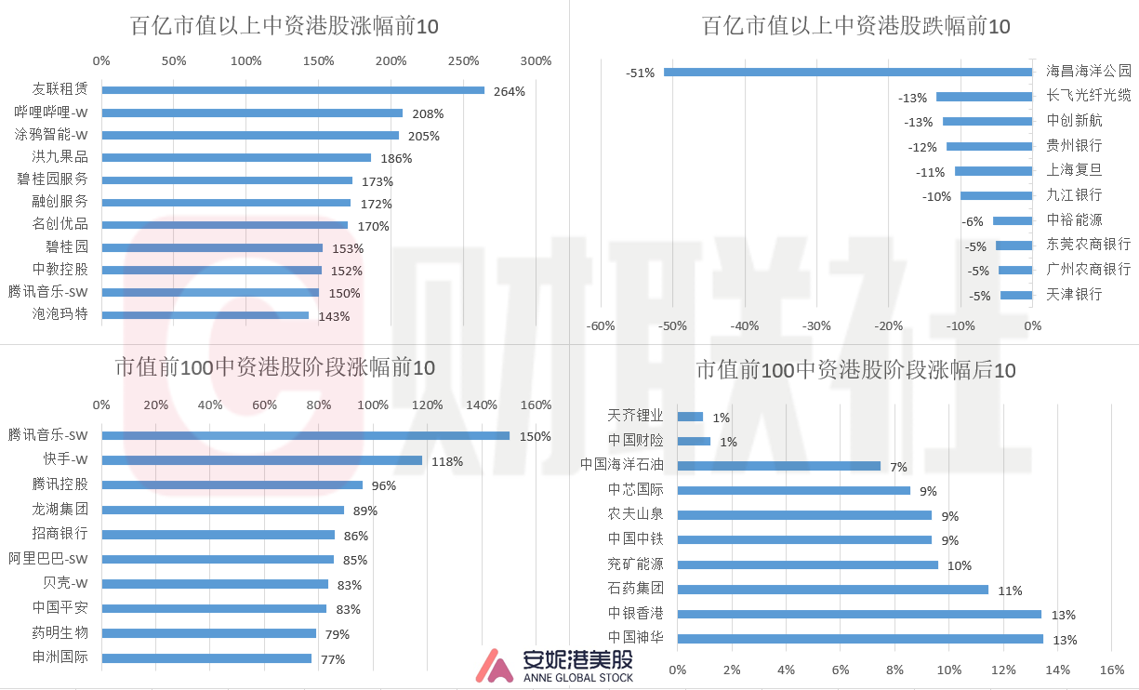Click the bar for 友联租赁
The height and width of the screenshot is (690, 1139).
293,90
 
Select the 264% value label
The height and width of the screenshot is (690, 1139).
510,91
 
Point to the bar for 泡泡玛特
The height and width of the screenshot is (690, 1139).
205,315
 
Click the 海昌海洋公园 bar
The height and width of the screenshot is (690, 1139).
847,72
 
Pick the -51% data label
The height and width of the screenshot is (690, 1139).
640,73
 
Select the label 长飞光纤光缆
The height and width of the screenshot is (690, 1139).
1088,95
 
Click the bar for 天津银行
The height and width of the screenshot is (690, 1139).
1015,295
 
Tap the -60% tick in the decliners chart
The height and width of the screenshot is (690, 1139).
602,326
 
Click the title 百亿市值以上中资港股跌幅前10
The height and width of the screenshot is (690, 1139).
855,26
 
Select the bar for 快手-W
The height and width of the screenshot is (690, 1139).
261,460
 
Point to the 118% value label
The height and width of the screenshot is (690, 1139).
446,461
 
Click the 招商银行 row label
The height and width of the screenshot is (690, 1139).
60,534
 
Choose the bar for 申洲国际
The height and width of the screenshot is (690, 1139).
206,658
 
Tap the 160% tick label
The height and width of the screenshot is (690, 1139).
536,405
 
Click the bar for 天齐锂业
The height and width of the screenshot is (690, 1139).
690,417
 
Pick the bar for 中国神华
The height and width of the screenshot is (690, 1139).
860,639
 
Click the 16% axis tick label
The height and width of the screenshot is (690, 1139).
1111,670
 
